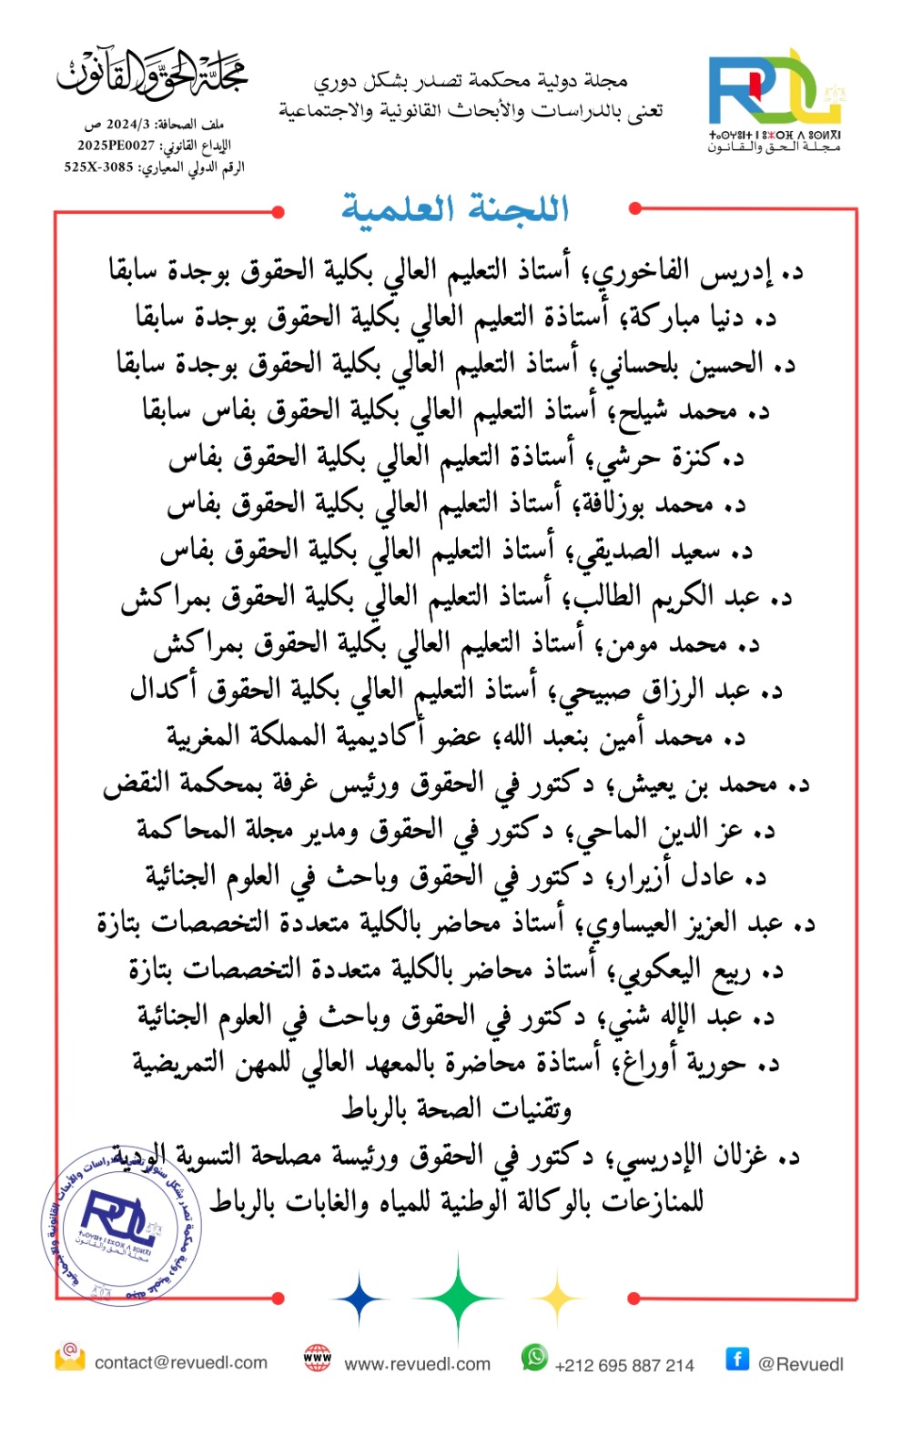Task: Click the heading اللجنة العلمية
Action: [x=455, y=208]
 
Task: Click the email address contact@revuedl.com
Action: [x=180, y=1362]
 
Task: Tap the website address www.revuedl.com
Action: [x=417, y=1364]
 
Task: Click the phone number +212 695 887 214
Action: [x=623, y=1365]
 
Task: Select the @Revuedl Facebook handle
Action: [x=800, y=1364]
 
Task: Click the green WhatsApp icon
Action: [x=534, y=1357]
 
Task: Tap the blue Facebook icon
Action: [x=736, y=1359]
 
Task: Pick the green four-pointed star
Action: [x=458, y=1299]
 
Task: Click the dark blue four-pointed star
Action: [x=359, y=1299]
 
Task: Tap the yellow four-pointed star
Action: [x=557, y=1299]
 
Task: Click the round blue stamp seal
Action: [x=122, y=1225]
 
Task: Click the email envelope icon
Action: [x=69, y=1358]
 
